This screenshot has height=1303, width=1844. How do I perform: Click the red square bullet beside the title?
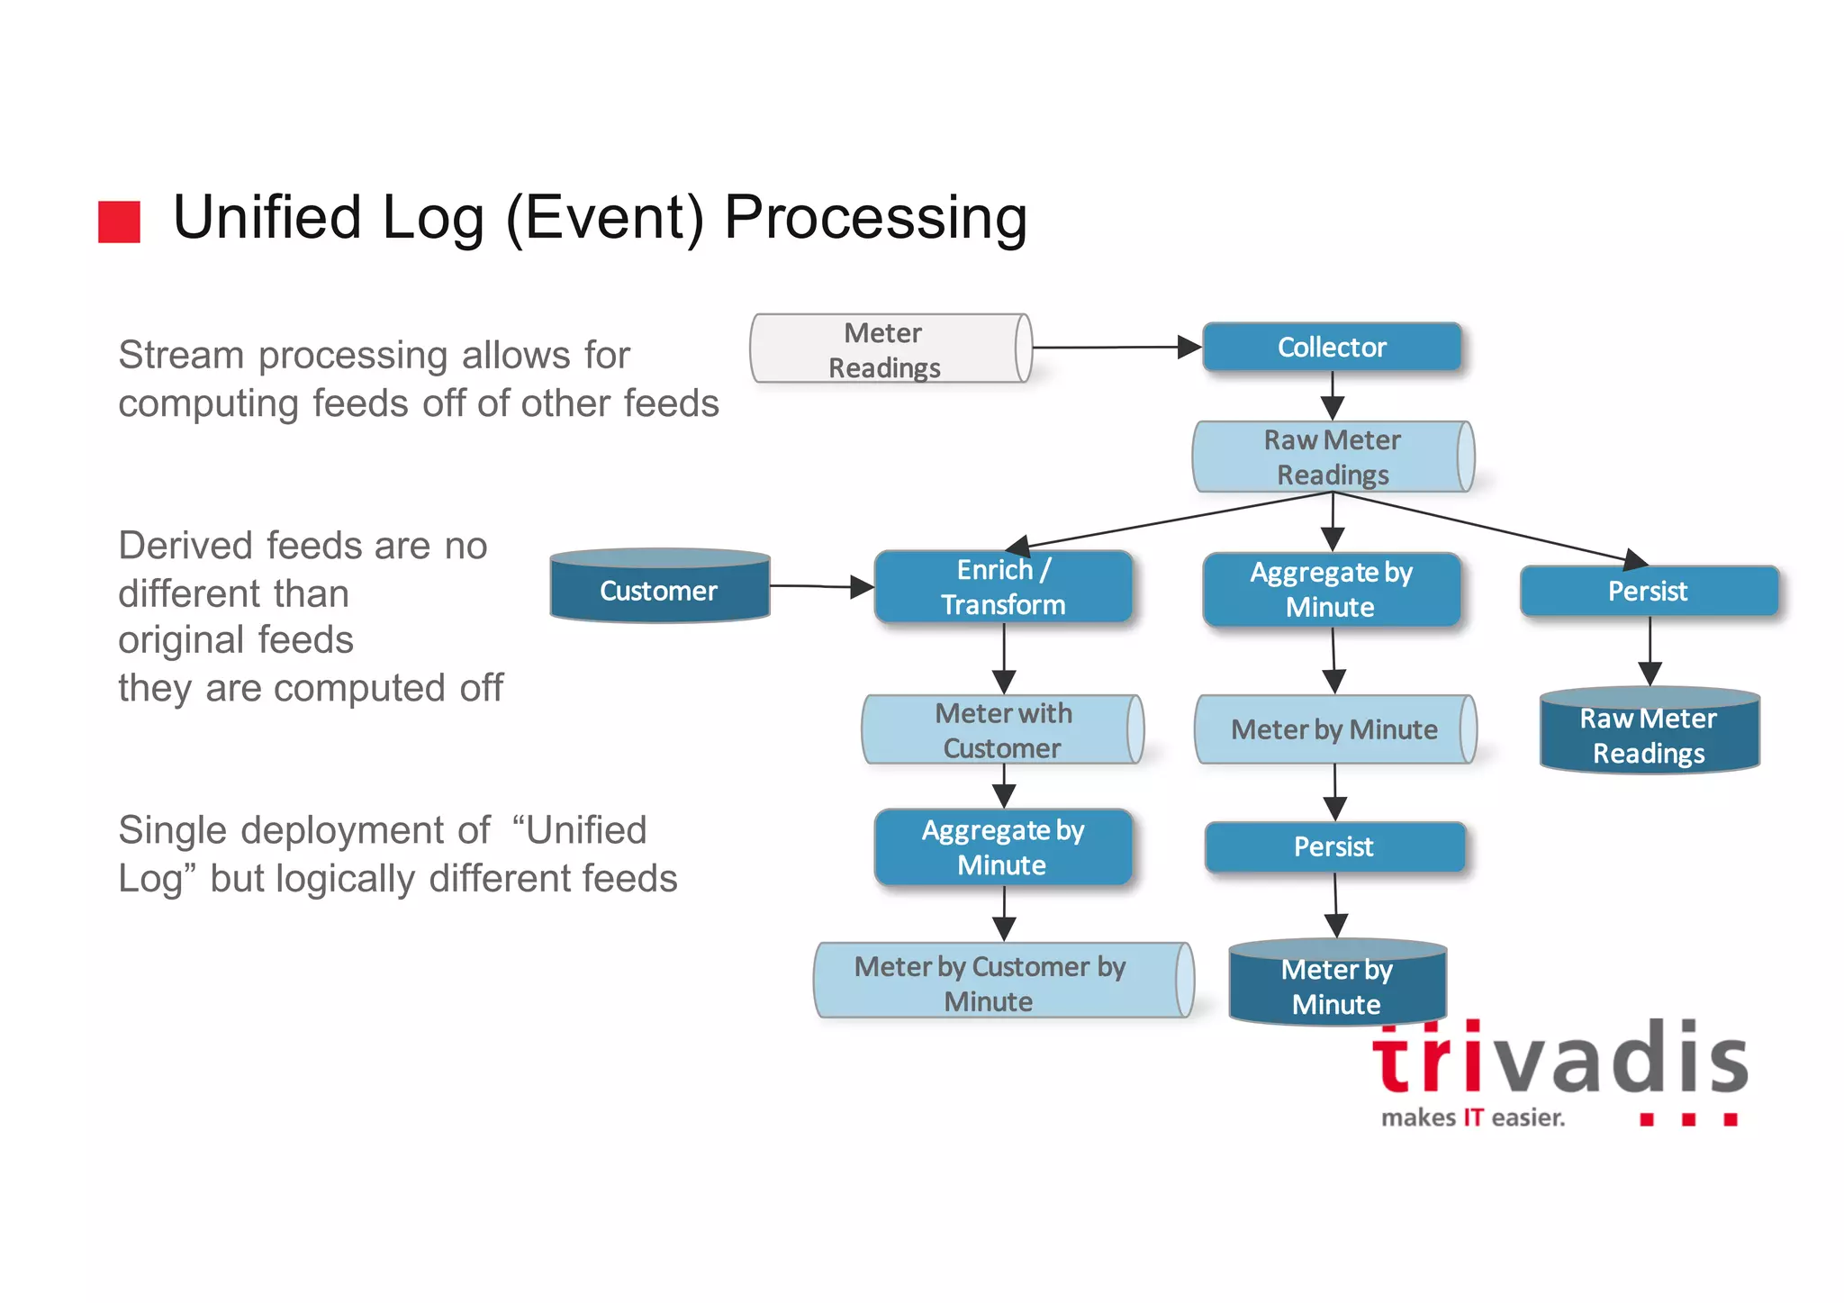pyautogui.click(x=119, y=222)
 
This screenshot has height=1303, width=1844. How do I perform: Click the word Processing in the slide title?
pyautogui.click(x=875, y=218)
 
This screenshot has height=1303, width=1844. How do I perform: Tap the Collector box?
pyautogui.click(x=1332, y=347)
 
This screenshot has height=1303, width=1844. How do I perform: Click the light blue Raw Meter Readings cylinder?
pyautogui.click(x=1333, y=457)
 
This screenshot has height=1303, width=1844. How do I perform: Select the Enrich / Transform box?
pyautogui.click(x=1003, y=587)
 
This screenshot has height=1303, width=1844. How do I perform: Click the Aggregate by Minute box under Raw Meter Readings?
pyautogui.click(x=1331, y=589)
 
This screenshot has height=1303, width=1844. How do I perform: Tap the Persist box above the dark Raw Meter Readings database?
pyautogui.click(x=1649, y=591)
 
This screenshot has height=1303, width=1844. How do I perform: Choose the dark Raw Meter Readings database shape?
pyautogui.click(x=1650, y=733)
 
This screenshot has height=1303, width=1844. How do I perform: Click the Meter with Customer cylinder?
pyautogui.click(x=1002, y=730)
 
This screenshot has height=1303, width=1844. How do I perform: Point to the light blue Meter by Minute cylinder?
pyautogui.click(x=1334, y=729)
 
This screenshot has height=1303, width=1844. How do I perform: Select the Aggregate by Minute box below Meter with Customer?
pyautogui.click(x=1003, y=847)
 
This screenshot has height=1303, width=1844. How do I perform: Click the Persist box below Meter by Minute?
pyautogui.click(x=1334, y=846)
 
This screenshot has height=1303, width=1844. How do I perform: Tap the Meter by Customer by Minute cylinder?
pyautogui.click(x=1002, y=982)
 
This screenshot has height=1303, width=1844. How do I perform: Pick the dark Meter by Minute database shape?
pyautogui.click(x=1337, y=985)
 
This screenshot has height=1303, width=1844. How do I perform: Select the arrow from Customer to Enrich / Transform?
pyautogui.click(x=819, y=587)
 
